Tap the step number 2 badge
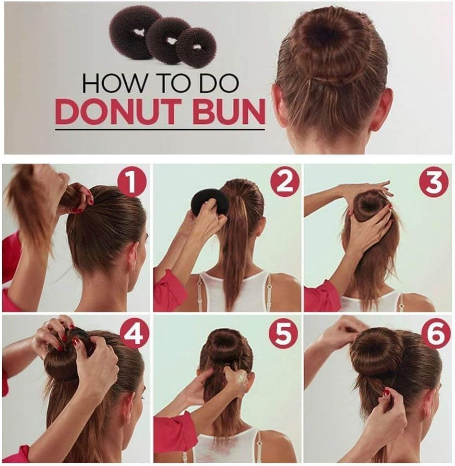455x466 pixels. click(284, 183)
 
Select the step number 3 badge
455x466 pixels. click(433, 183)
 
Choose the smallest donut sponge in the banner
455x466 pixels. click(196, 47)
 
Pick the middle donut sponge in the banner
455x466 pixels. click(168, 40)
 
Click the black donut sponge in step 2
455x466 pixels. click(209, 202)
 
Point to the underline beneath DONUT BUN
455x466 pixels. click(159, 129)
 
